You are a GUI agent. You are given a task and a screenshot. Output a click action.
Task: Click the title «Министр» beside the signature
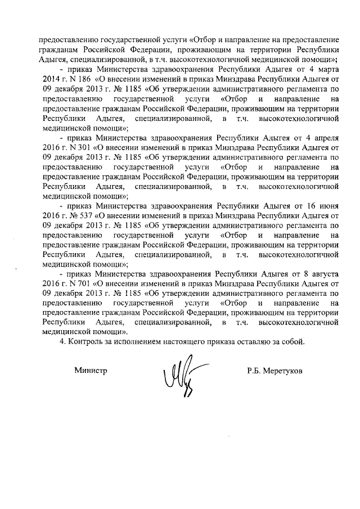[91, 371]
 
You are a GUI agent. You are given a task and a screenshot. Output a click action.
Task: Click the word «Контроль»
[86, 342]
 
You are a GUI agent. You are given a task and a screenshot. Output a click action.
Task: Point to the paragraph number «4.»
[64, 342]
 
